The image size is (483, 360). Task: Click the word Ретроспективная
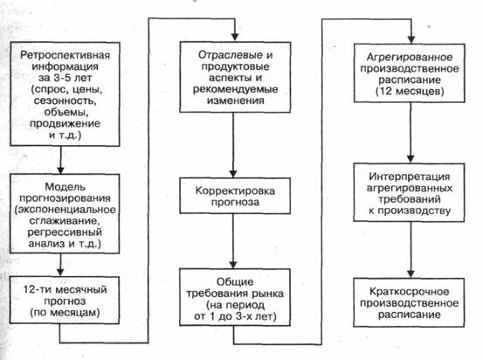coord(65,55)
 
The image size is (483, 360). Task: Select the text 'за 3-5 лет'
coord(65,78)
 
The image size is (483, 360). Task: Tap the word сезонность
coord(65,100)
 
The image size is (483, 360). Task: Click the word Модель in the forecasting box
coord(65,187)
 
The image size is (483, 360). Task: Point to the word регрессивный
coord(65,232)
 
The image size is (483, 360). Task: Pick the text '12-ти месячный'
coord(65,290)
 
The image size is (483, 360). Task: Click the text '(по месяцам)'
coord(65,313)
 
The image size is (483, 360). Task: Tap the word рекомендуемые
coord(235,90)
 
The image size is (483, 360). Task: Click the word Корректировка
coord(235,191)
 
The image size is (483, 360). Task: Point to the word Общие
coord(235,282)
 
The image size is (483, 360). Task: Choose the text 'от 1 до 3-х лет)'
coord(235,316)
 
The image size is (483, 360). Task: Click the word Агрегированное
coord(410,58)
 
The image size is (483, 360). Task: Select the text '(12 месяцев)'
coord(410,92)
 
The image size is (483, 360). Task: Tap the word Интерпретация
coord(410,177)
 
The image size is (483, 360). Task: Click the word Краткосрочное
coord(409,292)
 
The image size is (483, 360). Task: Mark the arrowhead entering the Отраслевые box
coord(235,37)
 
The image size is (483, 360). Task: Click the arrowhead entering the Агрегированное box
coord(411,39)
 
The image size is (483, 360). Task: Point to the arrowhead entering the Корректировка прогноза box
coord(233,173)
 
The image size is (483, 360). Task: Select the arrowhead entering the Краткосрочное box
coord(411,273)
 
